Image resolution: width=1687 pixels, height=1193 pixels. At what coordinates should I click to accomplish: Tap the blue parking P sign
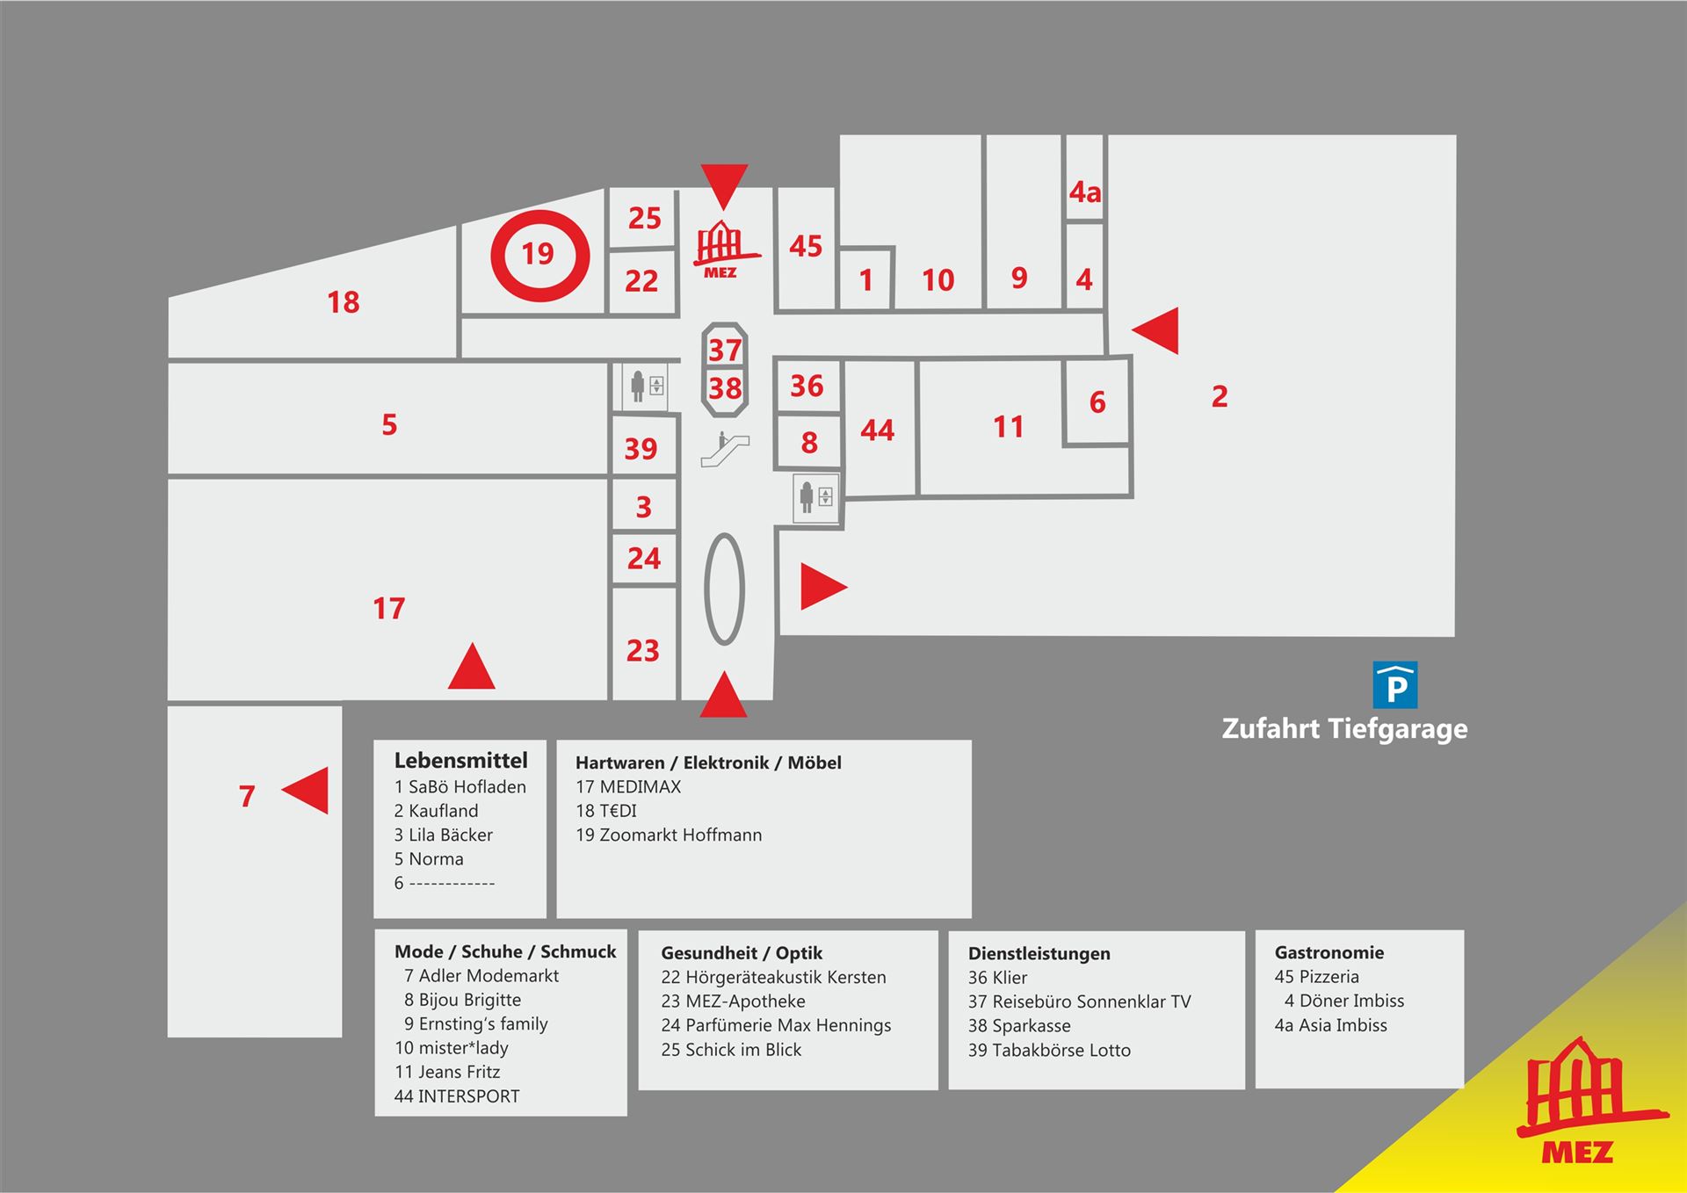point(1395,685)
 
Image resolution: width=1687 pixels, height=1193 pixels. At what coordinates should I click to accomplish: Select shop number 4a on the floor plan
point(1085,192)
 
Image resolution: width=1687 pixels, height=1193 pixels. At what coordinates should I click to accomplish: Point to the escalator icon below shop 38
point(725,449)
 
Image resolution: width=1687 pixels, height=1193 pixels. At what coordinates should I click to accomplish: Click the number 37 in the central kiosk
point(725,350)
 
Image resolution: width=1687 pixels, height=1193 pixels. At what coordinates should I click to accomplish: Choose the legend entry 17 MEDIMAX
point(628,787)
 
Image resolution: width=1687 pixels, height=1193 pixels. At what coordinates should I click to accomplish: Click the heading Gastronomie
point(1329,952)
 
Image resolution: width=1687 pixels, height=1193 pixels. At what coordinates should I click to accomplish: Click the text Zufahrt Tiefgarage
point(1344,728)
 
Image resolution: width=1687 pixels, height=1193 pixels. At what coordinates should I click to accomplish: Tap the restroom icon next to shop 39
point(646,386)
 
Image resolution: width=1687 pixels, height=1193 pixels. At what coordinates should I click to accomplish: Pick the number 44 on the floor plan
point(877,430)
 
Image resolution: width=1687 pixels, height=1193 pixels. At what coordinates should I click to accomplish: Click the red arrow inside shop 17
point(472,666)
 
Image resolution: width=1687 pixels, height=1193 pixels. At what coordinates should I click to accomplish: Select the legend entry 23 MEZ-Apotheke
point(733,1001)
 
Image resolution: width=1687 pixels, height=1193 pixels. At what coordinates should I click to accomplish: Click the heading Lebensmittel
point(460,760)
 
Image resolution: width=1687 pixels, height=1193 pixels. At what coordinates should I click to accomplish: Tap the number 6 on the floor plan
point(1097,402)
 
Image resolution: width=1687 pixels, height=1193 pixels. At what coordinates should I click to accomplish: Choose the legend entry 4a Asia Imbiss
point(1330,1025)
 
